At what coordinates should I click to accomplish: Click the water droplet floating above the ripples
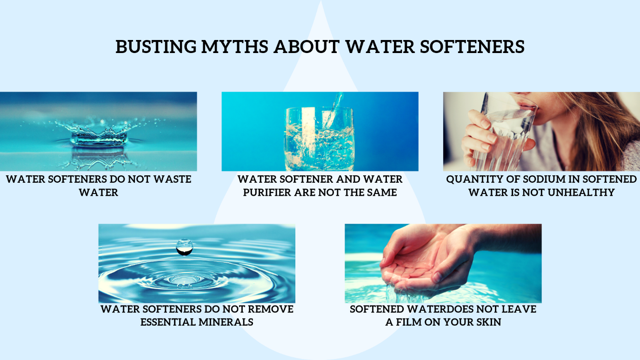click(x=185, y=247)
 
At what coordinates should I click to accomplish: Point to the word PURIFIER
click(x=267, y=193)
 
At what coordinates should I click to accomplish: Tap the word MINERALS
click(x=229, y=322)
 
